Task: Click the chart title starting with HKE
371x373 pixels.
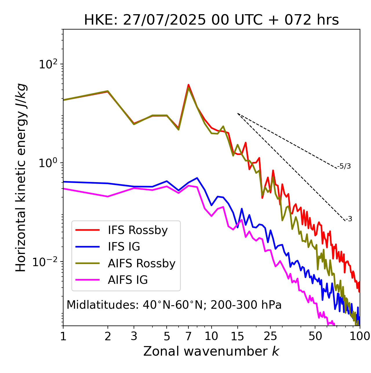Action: [211, 20]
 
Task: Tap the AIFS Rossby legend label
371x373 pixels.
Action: [141, 264]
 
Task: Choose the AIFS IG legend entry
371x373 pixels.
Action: [128, 280]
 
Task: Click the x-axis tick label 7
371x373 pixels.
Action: [188, 336]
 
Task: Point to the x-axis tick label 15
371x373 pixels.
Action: [238, 336]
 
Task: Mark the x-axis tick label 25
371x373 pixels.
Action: [270, 336]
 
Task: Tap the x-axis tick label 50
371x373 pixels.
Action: [315, 336]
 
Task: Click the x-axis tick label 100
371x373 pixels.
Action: [359, 336]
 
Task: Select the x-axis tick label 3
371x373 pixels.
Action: [134, 336]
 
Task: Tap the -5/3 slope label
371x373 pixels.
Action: [344, 166]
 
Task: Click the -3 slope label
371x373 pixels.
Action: [349, 219]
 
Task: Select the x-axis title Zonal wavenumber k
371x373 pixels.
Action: [211, 351]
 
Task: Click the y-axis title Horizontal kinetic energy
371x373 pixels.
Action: [21, 178]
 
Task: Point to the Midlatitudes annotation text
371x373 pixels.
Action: [174, 305]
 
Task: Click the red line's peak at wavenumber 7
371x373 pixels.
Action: [188, 85]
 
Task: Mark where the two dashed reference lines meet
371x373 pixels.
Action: [238, 114]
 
